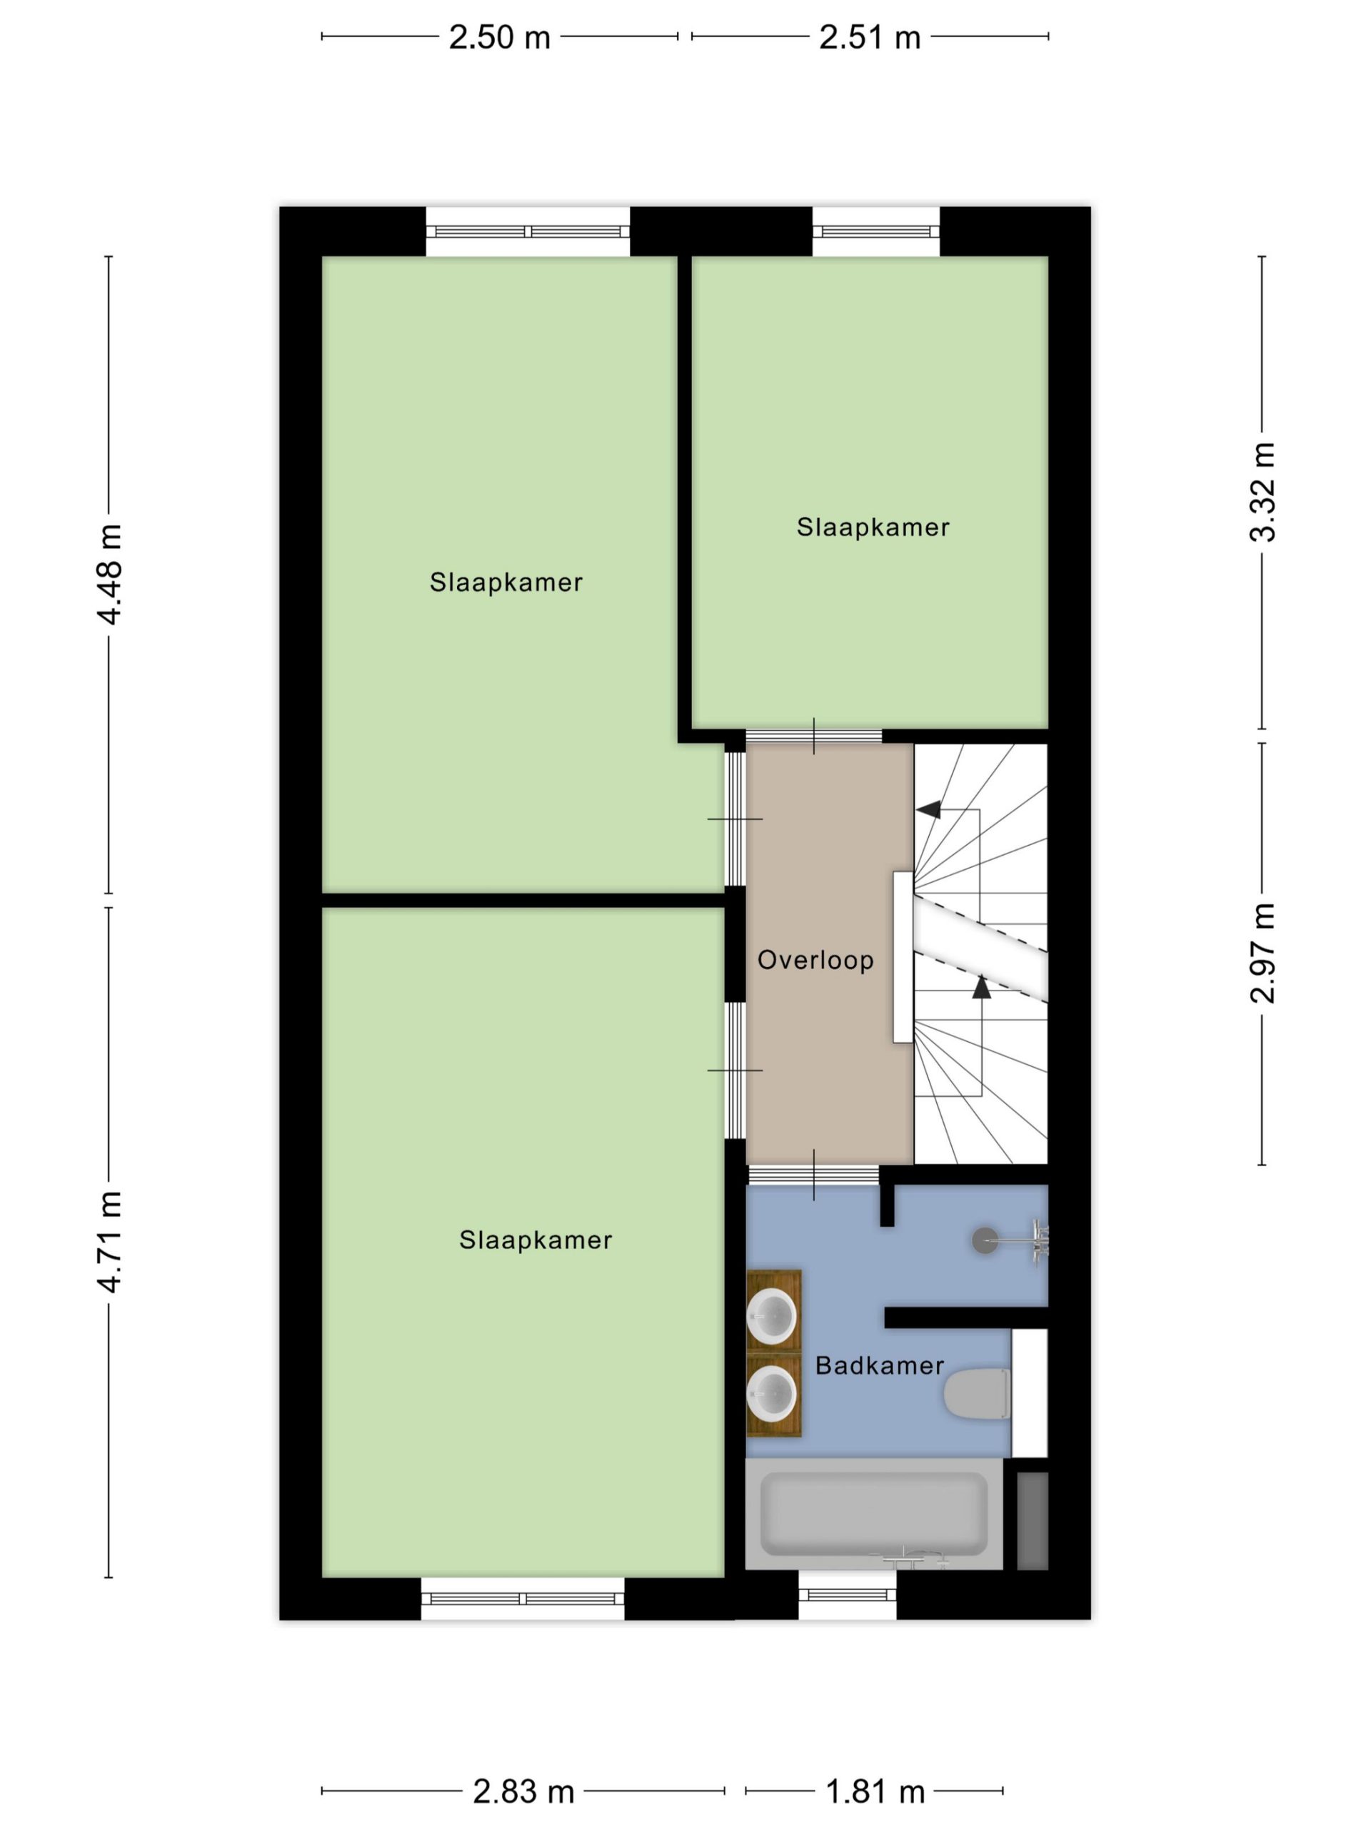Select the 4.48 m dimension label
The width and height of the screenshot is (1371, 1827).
(x=109, y=574)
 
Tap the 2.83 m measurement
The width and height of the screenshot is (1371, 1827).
(x=523, y=1791)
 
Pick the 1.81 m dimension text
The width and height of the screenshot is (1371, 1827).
(x=875, y=1791)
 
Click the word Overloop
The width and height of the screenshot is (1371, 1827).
(x=815, y=960)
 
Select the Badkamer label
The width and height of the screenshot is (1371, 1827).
(x=879, y=1365)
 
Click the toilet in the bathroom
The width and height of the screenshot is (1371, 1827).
(x=978, y=1395)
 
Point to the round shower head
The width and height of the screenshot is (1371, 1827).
(x=984, y=1240)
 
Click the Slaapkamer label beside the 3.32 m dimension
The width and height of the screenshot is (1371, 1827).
(x=873, y=527)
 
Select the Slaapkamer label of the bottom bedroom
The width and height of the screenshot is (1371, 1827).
(x=536, y=1240)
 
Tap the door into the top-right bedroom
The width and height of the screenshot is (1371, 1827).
(x=814, y=736)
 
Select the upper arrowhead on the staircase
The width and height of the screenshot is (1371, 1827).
(x=930, y=809)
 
